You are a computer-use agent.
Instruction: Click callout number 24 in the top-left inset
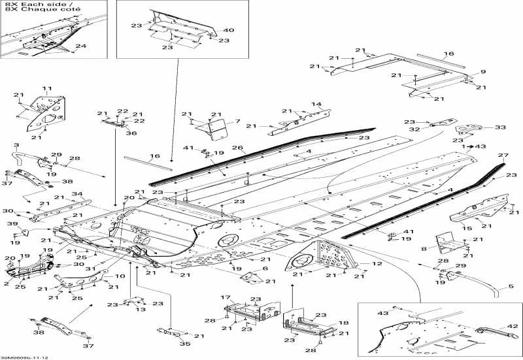80,46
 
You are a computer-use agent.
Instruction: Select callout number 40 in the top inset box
229,30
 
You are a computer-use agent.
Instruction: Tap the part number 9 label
483,71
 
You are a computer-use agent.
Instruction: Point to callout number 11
46,88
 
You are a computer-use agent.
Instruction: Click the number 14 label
316,104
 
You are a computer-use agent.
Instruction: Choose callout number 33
500,127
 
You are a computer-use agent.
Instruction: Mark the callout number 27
503,155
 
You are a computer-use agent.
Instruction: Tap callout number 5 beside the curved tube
503,287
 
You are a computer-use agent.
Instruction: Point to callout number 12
378,263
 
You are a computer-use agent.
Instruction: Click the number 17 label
225,298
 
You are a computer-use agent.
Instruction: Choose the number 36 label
131,133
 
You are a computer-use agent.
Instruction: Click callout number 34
77,194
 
